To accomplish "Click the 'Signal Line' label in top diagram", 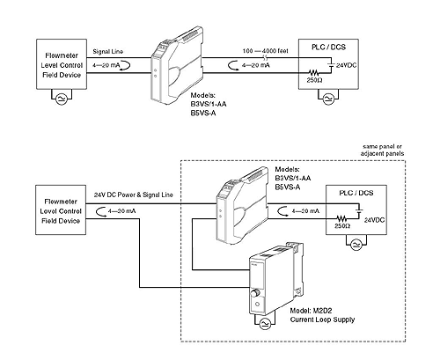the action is click(x=108, y=52).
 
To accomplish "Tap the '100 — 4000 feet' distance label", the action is click(x=265, y=51).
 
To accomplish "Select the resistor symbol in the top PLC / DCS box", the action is click(x=313, y=72).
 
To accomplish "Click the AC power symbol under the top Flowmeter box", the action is click(x=62, y=99).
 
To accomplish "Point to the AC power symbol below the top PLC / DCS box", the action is click(x=328, y=99).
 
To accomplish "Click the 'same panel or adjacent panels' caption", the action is click(x=382, y=150).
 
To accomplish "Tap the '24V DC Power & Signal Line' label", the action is click(x=134, y=195).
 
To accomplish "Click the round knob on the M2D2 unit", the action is click(x=255, y=293).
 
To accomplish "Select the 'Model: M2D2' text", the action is click(x=311, y=311).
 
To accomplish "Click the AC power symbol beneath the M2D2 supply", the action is click(x=265, y=323).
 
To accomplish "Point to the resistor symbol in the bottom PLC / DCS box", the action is click(x=341, y=218).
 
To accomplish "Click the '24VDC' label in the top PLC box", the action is click(x=346, y=65).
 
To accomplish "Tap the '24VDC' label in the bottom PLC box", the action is click(x=374, y=220).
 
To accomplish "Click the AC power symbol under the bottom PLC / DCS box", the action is click(x=356, y=245).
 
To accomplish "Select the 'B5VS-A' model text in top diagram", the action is click(x=203, y=113).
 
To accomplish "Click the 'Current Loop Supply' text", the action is click(x=322, y=320).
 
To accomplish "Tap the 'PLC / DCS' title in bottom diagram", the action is click(x=356, y=193).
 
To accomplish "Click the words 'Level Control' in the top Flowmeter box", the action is click(x=62, y=65).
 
